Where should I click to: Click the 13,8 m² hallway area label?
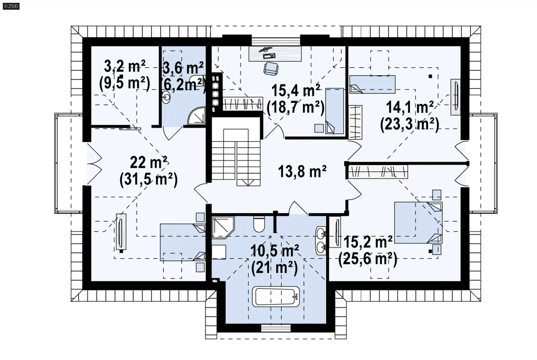pos(302,171)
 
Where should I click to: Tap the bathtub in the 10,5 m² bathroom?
pos(275,296)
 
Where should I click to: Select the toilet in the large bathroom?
pos(259,224)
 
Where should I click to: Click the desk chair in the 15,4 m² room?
pos(271,69)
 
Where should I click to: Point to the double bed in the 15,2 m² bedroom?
pos(418,223)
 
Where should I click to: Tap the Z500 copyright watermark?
pos(11,6)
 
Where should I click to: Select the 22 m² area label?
pos(149,163)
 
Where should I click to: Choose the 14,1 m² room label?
pos(410,107)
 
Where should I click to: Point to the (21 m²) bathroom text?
pos(274,268)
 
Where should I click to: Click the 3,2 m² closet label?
pos(125,67)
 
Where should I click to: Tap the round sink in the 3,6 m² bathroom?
pos(166,97)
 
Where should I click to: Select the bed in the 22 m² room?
pos(183,242)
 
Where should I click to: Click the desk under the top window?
pos(275,53)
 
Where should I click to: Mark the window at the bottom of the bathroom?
pos(276,328)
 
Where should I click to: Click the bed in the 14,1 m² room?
pos(372,84)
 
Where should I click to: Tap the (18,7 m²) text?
pos(296,107)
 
